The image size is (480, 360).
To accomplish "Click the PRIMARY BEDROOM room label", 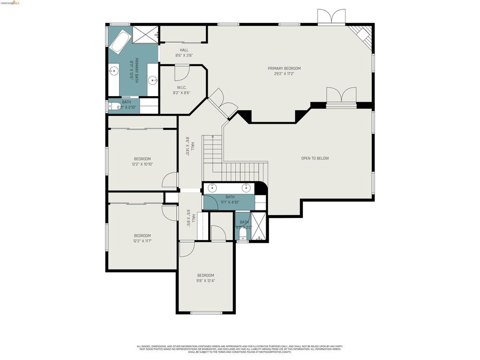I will click(284, 68).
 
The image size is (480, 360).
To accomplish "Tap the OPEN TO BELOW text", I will click(315, 158).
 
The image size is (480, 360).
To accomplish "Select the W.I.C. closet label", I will click(182, 87).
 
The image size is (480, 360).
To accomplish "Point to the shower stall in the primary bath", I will click(145, 35).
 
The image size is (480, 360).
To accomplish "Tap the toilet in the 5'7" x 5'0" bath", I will click(243, 232).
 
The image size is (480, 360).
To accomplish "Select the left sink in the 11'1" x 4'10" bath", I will click(213, 188).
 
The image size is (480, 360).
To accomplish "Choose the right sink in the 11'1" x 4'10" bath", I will click(246, 188).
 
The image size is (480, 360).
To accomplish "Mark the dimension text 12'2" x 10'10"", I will click(142, 165).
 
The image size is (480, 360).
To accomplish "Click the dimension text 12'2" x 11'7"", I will click(142, 241).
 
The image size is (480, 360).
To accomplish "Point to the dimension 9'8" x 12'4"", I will click(205, 281).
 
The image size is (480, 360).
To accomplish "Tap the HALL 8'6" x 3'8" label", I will click(184, 55).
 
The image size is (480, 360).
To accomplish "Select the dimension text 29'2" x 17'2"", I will click(284, 74).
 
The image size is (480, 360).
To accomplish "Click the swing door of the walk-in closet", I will click(182, 73).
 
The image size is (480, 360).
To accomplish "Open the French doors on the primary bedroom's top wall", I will click(331, 17).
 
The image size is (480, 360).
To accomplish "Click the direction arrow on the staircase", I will click(213, 137).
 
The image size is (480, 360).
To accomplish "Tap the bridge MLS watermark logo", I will click(10, 3).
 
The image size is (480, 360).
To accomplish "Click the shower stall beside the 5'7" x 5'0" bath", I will click(259, 227).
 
